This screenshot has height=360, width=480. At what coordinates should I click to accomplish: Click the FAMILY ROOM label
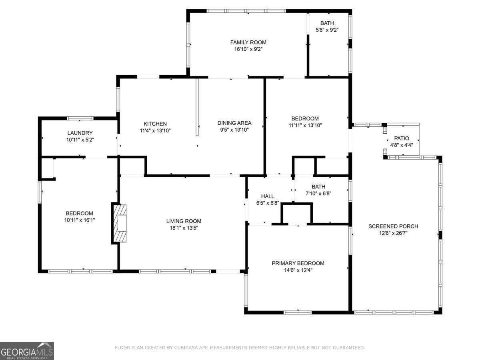(248, 42)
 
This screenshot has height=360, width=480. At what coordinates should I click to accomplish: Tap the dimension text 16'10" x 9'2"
(248, 49)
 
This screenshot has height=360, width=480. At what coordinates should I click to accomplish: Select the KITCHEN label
(155, 124)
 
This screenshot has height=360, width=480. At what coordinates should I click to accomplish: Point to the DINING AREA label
(234, 123)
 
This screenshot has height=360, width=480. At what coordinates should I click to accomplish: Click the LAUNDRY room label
(80, 133)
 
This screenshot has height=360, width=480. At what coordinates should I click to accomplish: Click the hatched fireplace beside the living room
(120, 223)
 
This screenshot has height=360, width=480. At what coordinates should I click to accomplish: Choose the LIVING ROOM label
(184, 221)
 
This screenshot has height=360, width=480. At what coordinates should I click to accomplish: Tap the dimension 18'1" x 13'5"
(184, 228)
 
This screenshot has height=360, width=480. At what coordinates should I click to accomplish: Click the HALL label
(268, 196)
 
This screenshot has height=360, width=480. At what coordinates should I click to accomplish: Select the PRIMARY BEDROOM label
(298, 263)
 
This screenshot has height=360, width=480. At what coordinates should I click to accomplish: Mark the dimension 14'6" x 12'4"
(298, 270)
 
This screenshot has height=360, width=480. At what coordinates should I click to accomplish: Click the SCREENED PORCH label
(393, 226)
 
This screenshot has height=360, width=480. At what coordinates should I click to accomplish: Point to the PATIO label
(402, 138)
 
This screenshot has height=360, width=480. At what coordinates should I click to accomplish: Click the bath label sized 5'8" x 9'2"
(327, 23)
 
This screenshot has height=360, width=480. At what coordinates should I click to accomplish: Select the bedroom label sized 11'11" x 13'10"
(305, 118)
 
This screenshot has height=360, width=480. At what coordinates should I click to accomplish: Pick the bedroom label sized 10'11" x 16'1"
(80, 213)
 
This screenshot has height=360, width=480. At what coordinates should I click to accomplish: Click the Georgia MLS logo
(27, 351)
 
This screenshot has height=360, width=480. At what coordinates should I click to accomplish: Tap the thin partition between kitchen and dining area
(197, 108)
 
